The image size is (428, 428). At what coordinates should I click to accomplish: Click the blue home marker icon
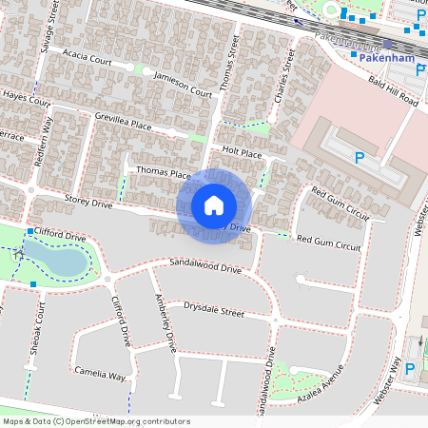(x=214, y=205)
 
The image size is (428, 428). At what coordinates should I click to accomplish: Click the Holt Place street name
(x=241, y=151)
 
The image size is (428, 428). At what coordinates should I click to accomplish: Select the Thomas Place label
(x=164, y=173)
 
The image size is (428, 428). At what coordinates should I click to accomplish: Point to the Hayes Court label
(x=26, y=98)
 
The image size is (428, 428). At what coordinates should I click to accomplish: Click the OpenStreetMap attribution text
(x=96, y=420)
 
